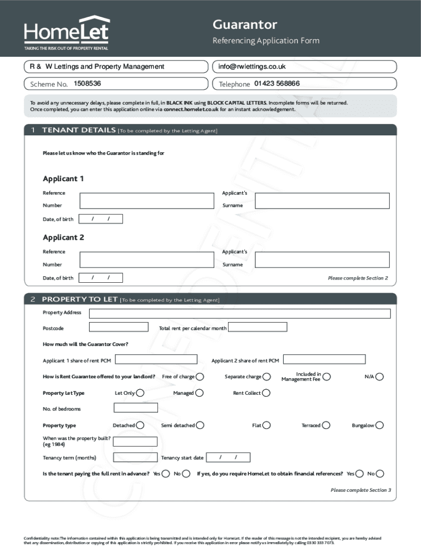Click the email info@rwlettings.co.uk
(x=252, y=67)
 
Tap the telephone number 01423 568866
(x=277, y=84)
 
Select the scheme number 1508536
(x=87, y=84)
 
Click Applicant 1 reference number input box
(x=146, y=200)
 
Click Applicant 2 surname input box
(x=322, y=259)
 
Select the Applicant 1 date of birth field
(x=101, y=219)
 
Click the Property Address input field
(x=239, y=313)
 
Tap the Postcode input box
(x=118, y=328)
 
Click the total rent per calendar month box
(x=258, y=328)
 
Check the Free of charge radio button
(x=200, y=377)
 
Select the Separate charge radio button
(x=266, y=377)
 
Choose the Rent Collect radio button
(x=266, y=393)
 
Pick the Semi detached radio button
(x=200, y=425)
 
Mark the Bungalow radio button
(x=379, y=425)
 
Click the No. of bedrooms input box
(x=135, y=408)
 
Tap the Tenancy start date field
(x=228, y=457)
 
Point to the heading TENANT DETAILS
(x=79, y=130)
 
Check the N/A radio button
(x=379, y=377)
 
